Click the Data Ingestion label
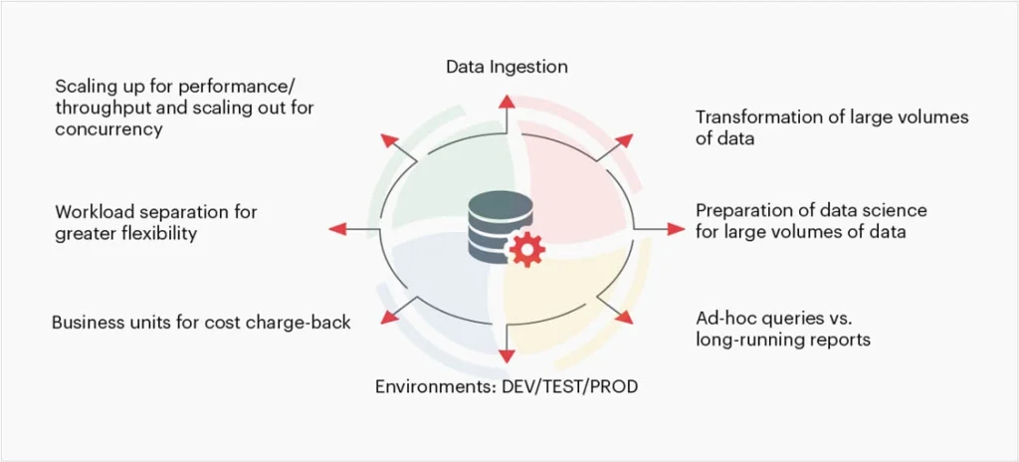(507, 67)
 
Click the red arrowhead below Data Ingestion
(507, 101)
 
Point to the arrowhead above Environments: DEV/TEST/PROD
(507, 355)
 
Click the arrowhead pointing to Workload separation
(337, 229)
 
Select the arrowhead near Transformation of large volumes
(625, 139)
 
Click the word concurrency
(108, 129)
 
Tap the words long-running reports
(783, 340)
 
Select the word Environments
(428, 385)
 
